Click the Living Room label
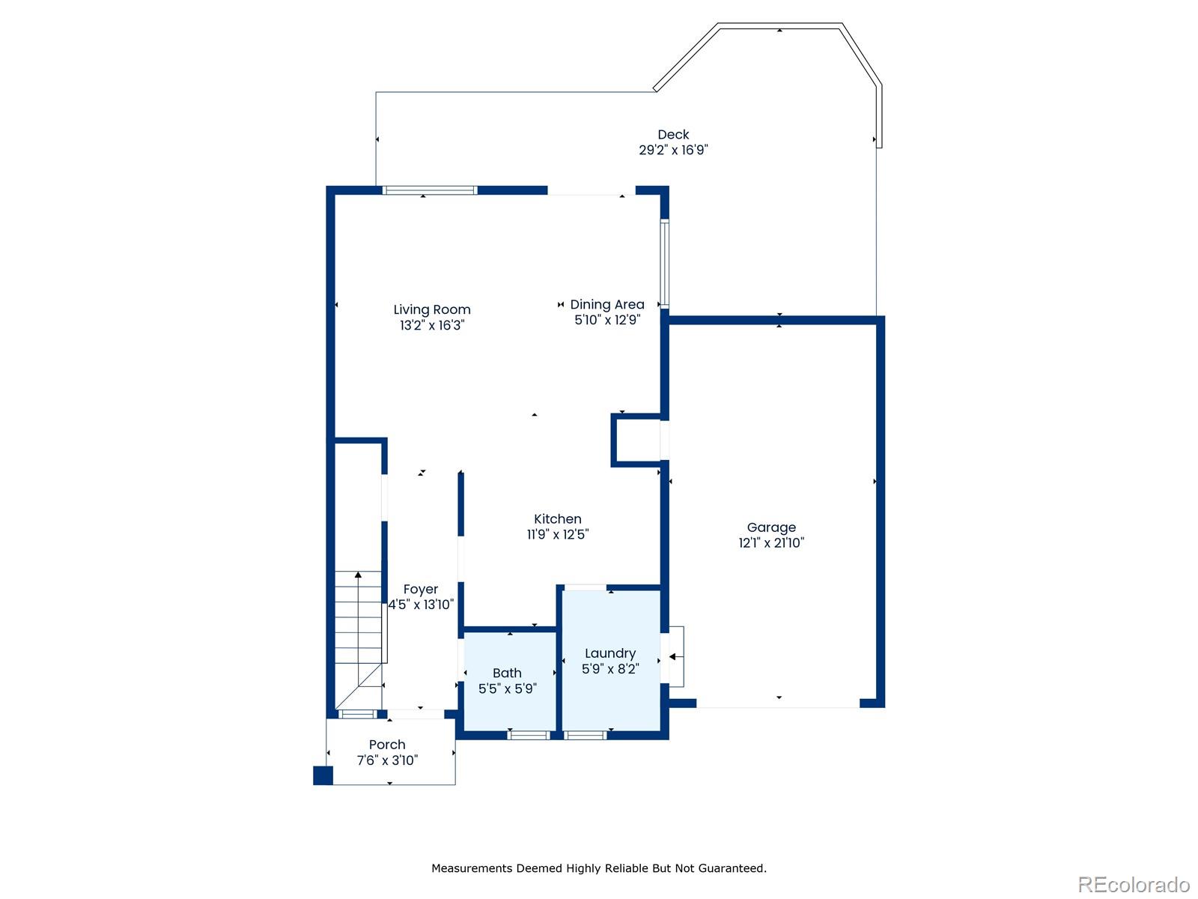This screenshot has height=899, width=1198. (x=432, y=309)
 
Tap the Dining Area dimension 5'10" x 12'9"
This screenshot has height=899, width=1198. (x=606, y=320)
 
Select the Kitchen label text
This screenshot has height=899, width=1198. (x=557, y=518)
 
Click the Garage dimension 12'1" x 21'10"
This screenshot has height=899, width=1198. (x=771, y=543)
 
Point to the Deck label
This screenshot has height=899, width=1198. (x=673, y=135)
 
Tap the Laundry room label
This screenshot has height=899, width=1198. (x=610, y=653)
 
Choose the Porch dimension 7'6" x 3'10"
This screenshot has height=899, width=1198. (x=387, y=760)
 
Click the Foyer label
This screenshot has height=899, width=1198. (x=420, y=589)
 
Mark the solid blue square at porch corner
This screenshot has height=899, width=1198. (x=323, y=775)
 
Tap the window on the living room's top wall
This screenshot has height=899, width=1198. (x=430, y=190)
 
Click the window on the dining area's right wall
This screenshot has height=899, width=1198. (x=664, y=262)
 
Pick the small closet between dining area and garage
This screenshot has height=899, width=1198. (x=636, y=441)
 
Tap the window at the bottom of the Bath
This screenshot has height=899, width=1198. (x=529, y=735)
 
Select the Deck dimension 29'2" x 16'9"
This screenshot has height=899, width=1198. (x=673, y=150)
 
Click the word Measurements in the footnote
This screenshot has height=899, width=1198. (x=472, y=868)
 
